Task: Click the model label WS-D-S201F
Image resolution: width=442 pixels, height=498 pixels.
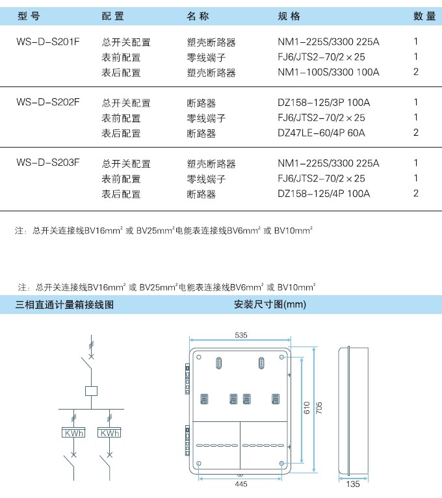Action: click(x=47, y=42)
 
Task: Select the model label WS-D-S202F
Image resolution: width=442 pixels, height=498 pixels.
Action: click(x=47, y=102)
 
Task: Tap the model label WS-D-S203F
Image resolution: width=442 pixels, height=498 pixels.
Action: click(x=47, y=163)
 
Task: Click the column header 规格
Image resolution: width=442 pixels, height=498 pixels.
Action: click(x=289, y=16)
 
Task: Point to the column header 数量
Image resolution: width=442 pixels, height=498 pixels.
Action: click(x=424, y=16)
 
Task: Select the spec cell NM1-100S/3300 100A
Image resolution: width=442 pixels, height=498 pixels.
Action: click(x=328, y=72)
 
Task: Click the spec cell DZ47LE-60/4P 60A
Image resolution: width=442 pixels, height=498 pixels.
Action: click(x=321, y=133)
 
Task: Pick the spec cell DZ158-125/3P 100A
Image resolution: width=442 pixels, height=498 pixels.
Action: click(x=324, y=103)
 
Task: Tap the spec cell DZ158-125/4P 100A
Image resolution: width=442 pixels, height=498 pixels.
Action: click(x=324, y=194)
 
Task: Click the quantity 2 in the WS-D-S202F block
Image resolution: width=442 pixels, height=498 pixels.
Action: click(x=415, y=133)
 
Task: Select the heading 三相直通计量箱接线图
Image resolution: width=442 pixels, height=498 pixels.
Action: click(x=64, y=304)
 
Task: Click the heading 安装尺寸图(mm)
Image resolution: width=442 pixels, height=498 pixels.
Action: click(x=270, y=304)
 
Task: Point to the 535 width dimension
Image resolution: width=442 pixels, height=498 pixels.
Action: click(x=241, y=335)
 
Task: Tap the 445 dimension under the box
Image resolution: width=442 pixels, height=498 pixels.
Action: click(x=241, y=484)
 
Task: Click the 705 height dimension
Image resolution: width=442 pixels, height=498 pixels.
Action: click(x=318, y=408)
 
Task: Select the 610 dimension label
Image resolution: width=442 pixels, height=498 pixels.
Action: click(x=306, y=408)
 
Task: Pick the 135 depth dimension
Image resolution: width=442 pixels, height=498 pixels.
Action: click(x=353, y=484)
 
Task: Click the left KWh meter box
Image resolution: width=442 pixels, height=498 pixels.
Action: click(x=73, y=433)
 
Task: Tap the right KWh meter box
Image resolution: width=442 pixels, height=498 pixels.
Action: click(x=109, y=433)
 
